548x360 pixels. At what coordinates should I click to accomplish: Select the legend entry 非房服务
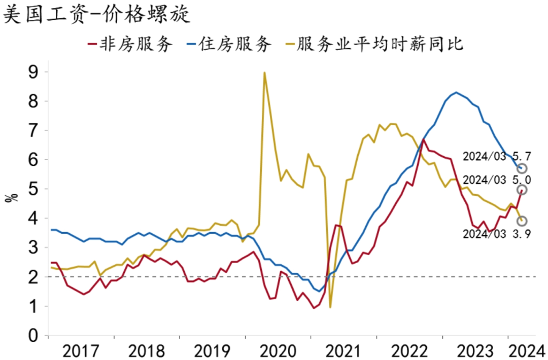tap(130, 44)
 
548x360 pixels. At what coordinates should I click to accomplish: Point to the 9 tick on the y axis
tap(33, 72)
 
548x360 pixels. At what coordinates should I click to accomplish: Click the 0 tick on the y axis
tap(33, 336)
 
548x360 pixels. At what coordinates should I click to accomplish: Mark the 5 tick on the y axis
tap(33, 189)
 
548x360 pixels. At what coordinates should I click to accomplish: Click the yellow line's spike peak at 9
tap(264, 73)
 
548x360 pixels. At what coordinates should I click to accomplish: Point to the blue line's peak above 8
tap(456, 92)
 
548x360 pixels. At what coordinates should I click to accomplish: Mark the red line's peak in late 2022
tap(423, 139)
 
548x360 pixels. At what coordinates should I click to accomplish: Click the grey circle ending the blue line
tap(522, 168)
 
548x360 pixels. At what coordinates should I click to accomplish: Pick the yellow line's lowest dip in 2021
tap(330, 307)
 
